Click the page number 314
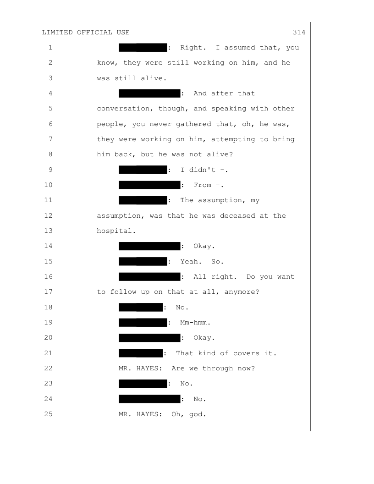click(299, 33)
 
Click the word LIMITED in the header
click(57, 33)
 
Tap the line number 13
click(49, 231)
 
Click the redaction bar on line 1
click(143, 48)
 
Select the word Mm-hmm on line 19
click(193, 323)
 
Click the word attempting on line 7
click(233, 139)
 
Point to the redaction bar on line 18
click(141, 308)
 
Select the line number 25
click(49, 414)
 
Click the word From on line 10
click(203, 185)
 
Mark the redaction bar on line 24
click(150, 399)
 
